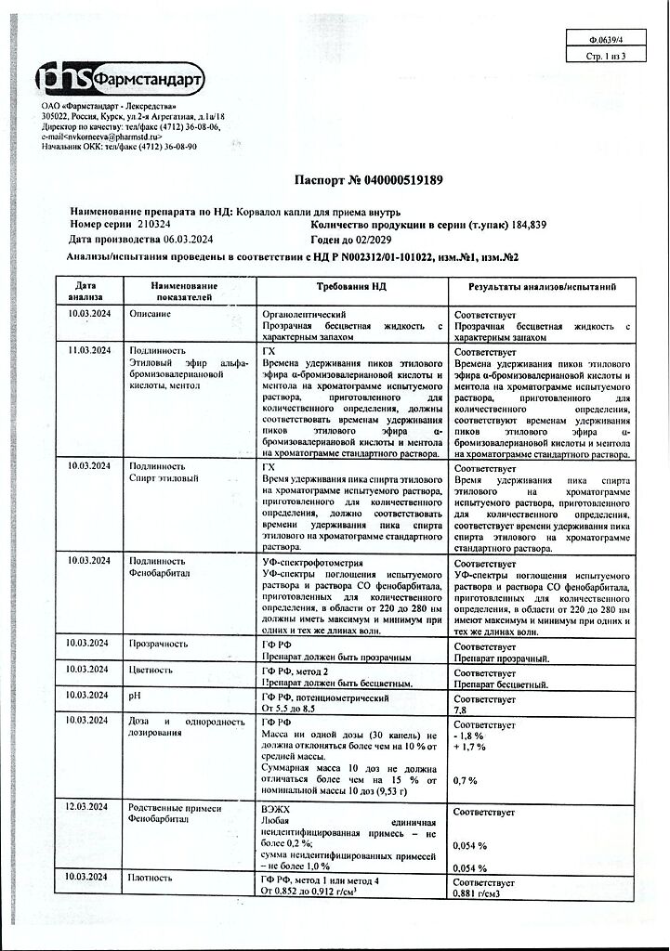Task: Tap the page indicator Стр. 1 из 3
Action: pyautogui.click(x=607, y=56)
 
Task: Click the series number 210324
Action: pyautogui.click(x=155, y=226)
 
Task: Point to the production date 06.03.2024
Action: pyautogui.click(x=197, y=240)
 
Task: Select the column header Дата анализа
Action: pyautogui.click(x=85, y=292)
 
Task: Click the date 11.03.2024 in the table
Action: pyautogui.click(x=89, y=350)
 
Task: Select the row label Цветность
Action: pyautogui.click(x=151, y=669)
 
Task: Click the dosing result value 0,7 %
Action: pyautogui.click(x=466, y=781)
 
